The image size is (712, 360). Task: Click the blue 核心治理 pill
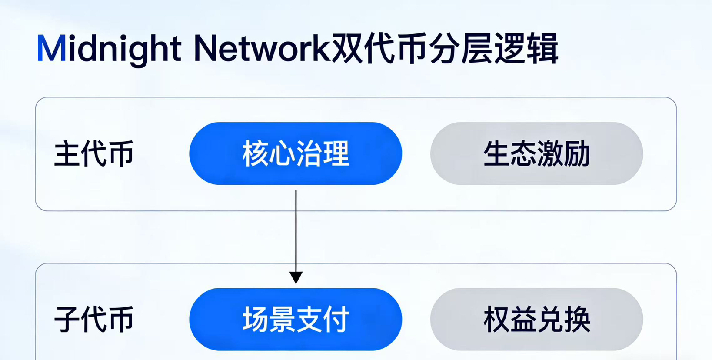pos(296,153)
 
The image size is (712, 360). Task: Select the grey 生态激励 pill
pos(536,153)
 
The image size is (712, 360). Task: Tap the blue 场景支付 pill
pos(296,319)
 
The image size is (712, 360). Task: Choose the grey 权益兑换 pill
pos(536,319)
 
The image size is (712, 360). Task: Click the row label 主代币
pos(94,154)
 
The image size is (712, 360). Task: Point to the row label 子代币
pos(94,320)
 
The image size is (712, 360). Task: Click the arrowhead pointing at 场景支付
pos(296,278)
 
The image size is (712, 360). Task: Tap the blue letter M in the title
pos(51,48)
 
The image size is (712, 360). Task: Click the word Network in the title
pos(262,48)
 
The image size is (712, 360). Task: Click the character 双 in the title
pos(347,48)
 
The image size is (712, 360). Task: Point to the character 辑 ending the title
pos(542,48)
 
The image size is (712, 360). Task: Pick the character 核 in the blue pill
pos(256,153)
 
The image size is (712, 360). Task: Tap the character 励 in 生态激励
pos(577,153)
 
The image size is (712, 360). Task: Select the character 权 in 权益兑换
pos(497,319)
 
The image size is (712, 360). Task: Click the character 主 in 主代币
pos(67,154)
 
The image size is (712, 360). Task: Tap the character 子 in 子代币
pos(67,320)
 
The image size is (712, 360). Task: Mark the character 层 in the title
pos(477,48)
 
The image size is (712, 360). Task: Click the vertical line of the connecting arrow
pos(296,231)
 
